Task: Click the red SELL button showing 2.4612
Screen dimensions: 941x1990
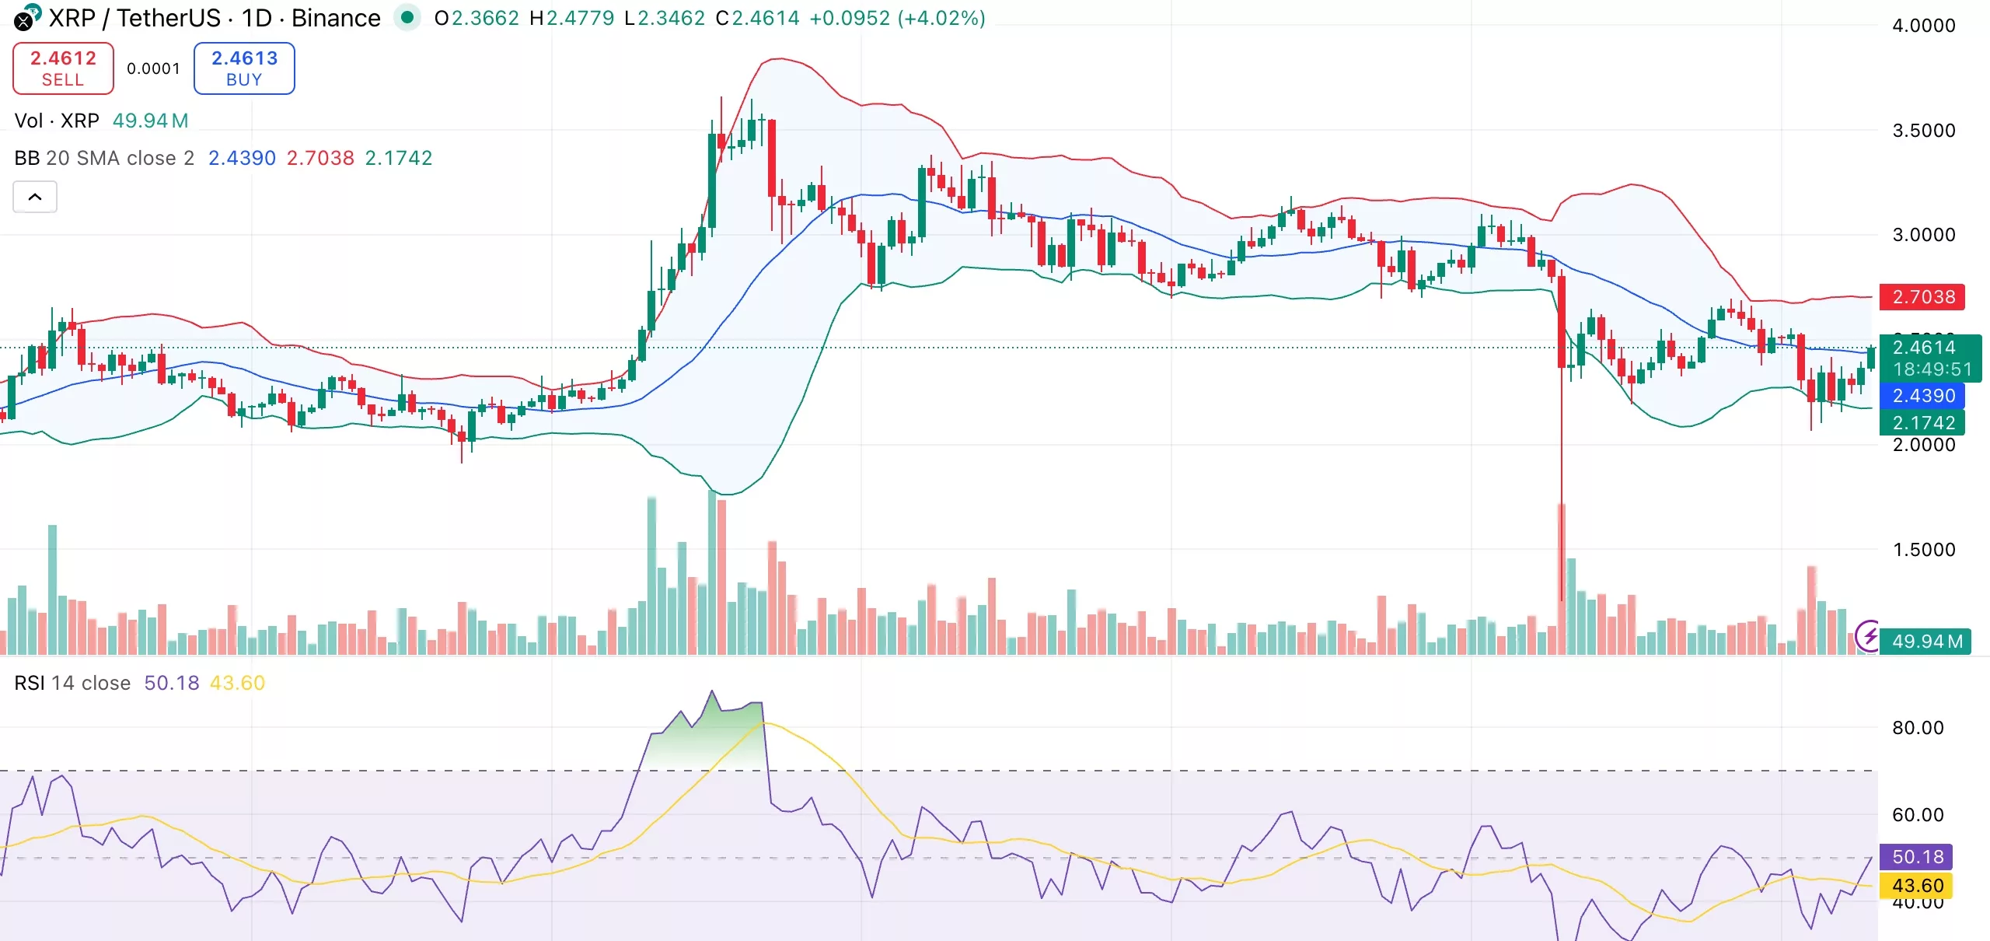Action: click(x=63, y=68)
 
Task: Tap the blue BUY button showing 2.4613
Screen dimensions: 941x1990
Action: click(x=244, y=68)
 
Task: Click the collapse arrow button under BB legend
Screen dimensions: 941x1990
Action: click(x=35, y=197)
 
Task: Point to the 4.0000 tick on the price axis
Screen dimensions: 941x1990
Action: click(x=1923, y=26)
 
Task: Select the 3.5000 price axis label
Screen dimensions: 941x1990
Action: click(x=1923, y=131)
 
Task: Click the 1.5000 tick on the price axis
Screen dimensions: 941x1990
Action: click(x=1923, y=550)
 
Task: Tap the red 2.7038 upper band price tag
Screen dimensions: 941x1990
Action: click(x=1922, y=297)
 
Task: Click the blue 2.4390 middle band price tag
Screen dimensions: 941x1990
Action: click(x=1922, y=396)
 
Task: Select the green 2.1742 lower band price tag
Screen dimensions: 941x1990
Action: click(x=1922, y=423)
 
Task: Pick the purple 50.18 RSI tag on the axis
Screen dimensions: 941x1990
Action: click(x=1917, y=857)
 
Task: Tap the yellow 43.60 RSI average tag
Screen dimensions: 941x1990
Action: click(x=1917, y=886)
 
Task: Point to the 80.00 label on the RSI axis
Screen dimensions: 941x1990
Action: click(x=1917, y=728)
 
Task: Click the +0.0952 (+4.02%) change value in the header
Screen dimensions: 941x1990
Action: click(x=897, y=18)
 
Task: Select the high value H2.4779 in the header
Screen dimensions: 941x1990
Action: click(x=571, y=18)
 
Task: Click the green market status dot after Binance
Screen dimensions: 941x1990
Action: click(x=407, y=17)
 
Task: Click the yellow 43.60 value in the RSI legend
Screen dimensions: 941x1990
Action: click(x=237, y=683)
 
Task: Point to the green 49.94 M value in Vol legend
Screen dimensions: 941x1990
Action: click(x=150, y=121)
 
